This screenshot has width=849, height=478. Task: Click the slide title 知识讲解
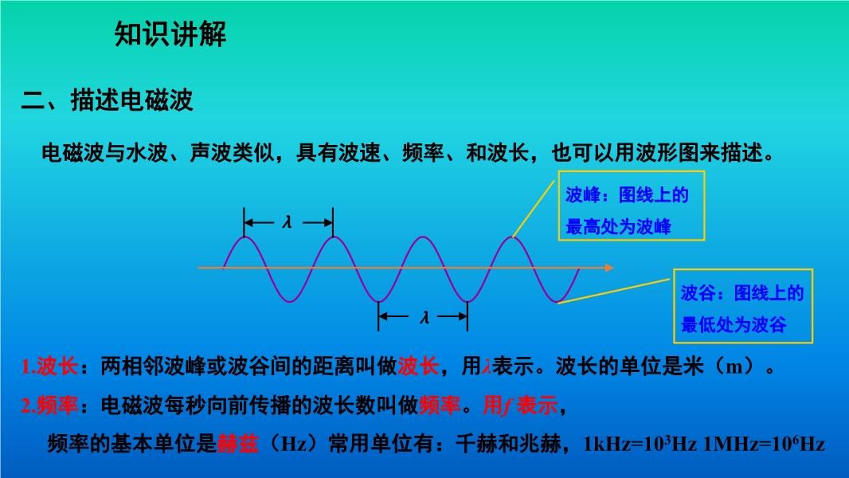170,34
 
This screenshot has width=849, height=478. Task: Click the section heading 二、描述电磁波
108,100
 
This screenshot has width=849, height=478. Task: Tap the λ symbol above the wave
287,222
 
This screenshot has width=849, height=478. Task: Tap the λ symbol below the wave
424,317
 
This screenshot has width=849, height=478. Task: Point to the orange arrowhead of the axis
609,268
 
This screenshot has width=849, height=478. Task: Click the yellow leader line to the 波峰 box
534,209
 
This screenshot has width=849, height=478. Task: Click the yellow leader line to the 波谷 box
613,291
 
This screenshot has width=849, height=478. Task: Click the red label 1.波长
50,366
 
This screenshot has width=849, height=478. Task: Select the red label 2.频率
50,405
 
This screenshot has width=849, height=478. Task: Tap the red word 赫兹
237,444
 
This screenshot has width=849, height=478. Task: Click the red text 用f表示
520,405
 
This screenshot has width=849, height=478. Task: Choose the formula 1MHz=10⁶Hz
764,444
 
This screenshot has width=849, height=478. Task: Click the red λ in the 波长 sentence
487,367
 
